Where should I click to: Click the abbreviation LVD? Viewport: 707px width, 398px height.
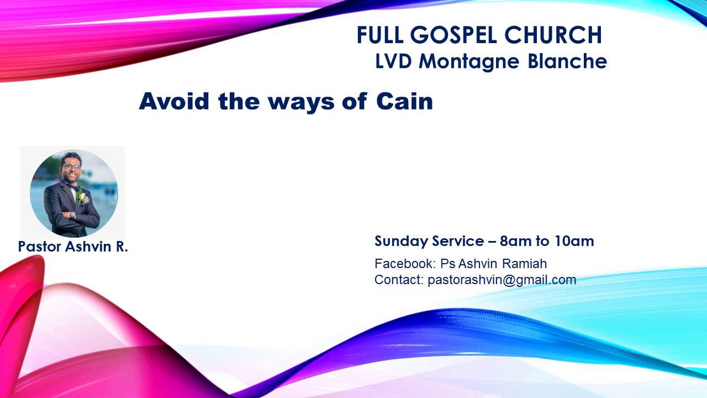click(x=393, y=61)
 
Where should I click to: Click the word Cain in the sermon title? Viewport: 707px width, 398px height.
click(x=404, y=101)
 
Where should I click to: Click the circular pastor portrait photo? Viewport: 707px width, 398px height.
click(x=73, y=193)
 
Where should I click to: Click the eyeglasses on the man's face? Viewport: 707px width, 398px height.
click(x=71, y=166)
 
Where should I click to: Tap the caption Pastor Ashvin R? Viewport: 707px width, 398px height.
click(x=73, y=247)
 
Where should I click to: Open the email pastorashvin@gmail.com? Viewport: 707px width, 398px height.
click(x=502, y=280)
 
